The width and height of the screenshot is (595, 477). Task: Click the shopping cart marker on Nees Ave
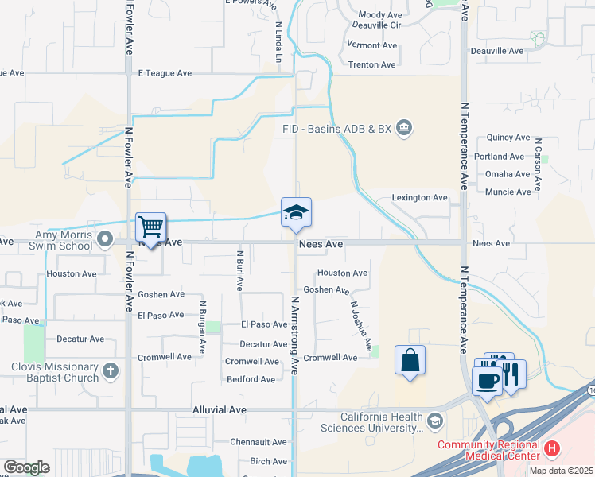coord(150,227)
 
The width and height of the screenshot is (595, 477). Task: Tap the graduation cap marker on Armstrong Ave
coord(296,212)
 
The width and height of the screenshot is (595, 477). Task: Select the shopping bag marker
coord(410,360)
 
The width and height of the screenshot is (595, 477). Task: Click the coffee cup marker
coord(486,379)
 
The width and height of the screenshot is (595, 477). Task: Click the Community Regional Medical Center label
coord(488,450)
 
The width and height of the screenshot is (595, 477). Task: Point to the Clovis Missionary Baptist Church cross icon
coord(111,370)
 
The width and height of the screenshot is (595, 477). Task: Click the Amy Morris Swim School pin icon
coord(104,238)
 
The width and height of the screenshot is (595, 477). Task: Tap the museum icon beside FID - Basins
coord(404,127)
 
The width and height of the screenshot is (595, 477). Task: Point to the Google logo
coord(27,467)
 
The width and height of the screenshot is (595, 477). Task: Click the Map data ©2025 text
coord(561,471)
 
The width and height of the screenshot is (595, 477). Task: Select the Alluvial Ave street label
coord(220,410)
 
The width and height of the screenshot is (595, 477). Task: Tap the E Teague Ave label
coord(165,73)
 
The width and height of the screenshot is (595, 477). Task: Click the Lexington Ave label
coord(420,197)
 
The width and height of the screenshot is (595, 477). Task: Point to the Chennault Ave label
coord(258,442)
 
